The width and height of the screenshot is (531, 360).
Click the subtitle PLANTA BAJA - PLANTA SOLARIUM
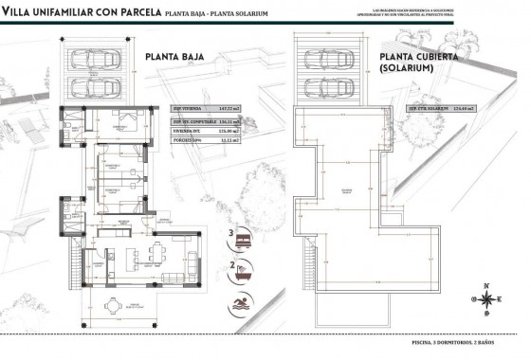coord(230,11)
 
